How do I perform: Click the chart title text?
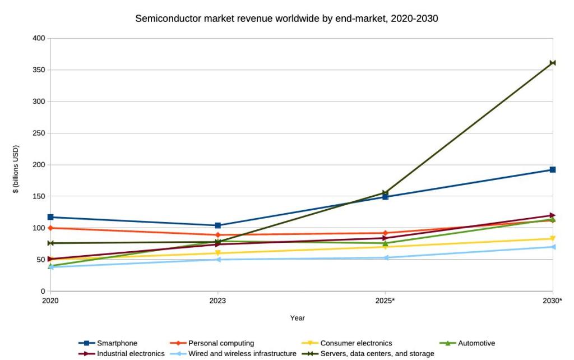click(x=286, y=19)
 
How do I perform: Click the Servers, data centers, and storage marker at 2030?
click(x=553, y=63)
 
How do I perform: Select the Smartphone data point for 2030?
click(x=553, y=169)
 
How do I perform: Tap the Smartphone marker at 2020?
click(x=51, y=217)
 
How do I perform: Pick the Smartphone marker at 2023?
click(x=217, y=225)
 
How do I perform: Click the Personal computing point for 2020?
click(x=51, y=228)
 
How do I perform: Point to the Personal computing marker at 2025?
click(x=385, y=233)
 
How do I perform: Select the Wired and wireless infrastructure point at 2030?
click(x=553, y=247)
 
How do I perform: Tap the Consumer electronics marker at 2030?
click(x=553, y=239)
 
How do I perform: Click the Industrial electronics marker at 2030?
click(x=553, y=215)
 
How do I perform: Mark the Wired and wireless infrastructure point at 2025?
click(x=385, y=258)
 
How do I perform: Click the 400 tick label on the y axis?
click(x=39, y=38)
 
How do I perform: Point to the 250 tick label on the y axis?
click(x=39, y=133)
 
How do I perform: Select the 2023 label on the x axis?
click(x=217, y=301)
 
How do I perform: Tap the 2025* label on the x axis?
click(x=385, y=301)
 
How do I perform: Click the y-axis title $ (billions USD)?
click(x=16, y=169)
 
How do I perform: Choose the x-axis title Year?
click(x=297, y=318)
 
